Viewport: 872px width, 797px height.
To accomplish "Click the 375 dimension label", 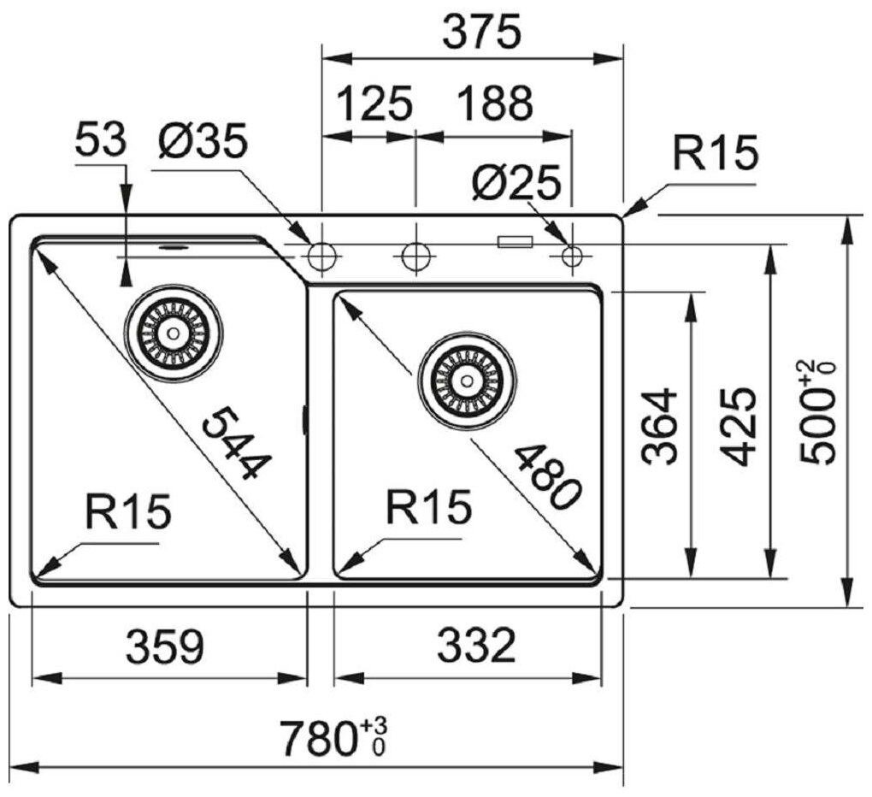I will click(x=481, y=33).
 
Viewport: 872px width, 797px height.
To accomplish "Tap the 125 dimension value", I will click(x=375, y=104).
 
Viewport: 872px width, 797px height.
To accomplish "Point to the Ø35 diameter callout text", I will click(x=202, y=141).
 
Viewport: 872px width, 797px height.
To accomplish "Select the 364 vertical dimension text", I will click(x=661, y=427).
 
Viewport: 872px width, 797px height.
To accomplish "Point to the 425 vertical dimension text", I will click(x=736, y=427).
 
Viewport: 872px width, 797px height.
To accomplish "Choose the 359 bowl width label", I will click(x=166, y=647).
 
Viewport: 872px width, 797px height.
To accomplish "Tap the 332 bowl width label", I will click(x=476, y=647).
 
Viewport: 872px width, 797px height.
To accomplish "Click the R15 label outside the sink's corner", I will click(x=715, y=154).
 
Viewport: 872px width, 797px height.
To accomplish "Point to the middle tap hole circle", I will click(x=415, y=255).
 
